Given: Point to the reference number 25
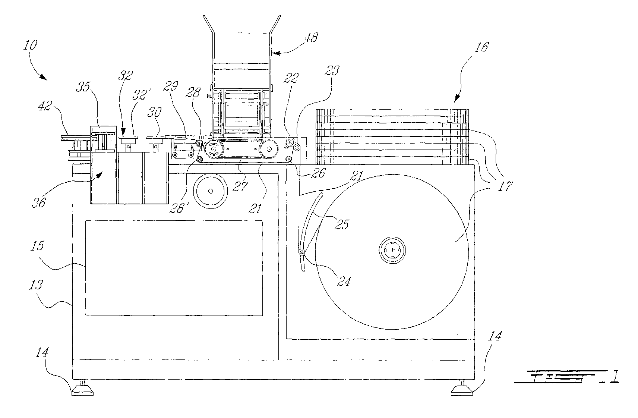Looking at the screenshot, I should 342,224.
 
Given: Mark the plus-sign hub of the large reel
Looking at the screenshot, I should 392,250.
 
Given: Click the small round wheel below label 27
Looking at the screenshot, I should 211,191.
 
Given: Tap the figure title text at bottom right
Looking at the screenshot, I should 566,377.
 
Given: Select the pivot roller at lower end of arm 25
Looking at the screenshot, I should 301,253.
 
